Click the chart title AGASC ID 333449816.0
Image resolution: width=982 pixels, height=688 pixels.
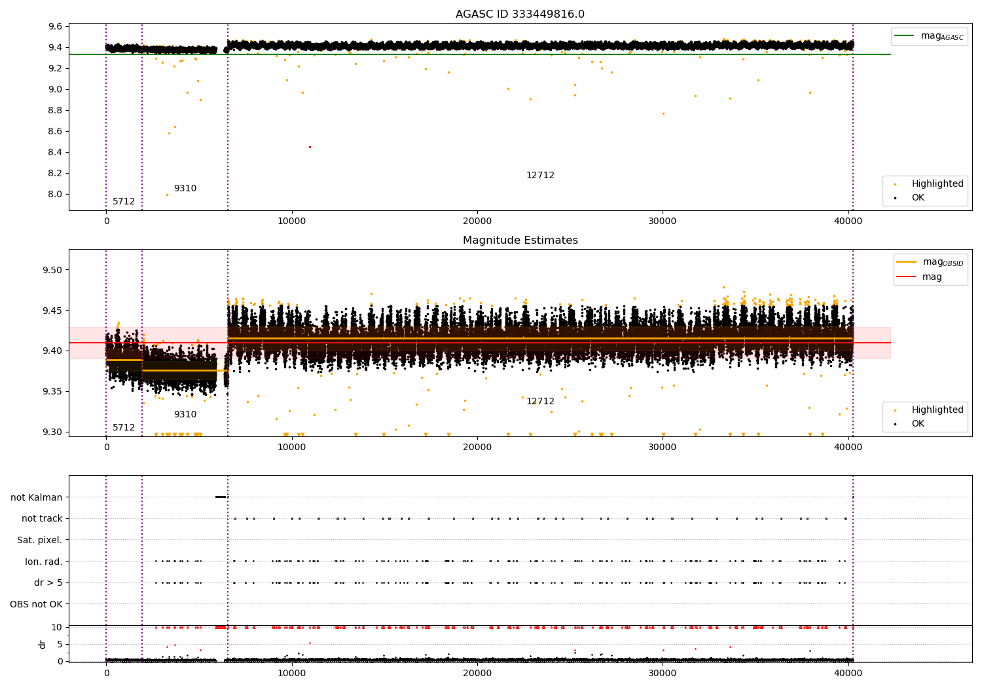pyautogui.click(x=520, y=14)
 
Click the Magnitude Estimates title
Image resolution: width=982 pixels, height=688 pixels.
pyautogui.click(x=520, y=240)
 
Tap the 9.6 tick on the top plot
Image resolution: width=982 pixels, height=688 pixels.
pyautogui.click(x=55, y=27)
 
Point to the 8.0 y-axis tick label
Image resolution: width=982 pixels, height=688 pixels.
pyautogui.click(x=55, y=194)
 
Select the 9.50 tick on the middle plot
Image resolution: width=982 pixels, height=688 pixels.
pyautogui.click(x=52, y=270)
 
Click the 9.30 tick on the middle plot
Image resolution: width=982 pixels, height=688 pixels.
pyautogui.click(x=52, y=432)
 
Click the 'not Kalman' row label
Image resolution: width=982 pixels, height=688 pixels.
pyautogui.click(x=37, y=497)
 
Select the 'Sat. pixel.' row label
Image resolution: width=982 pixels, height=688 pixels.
pyautogui.click(x=39, y=540)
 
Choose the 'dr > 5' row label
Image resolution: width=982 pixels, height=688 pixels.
pyautogui.click(x=48, y=583)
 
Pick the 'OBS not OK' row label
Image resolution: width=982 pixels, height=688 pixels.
pyautogui.click(x=36, y=604)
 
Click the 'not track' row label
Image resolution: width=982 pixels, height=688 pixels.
pyautogui.click(x=42, y=518)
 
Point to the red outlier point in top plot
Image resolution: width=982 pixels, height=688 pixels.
pyautogui.click(x=310, y=147)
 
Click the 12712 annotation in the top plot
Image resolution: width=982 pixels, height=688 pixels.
pyautogui.click(x=540, y=176)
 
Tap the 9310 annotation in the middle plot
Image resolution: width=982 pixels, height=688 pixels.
pyautogui.click(x=185, y=415)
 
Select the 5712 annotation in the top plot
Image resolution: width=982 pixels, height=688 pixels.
pyautogui.click(x=124, y=202)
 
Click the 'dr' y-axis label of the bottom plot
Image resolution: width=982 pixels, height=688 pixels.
pyautogui.click(x=43, y=644)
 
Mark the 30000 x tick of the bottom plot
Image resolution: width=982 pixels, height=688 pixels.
pyautogui.click(x=663, y=673)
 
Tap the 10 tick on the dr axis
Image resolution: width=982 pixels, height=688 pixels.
pyautogui.click(x=58, y=627)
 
